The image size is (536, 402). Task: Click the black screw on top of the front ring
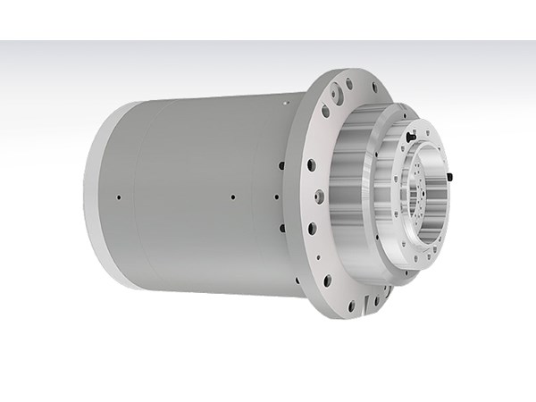pyautogui.click(x=408, y=136)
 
